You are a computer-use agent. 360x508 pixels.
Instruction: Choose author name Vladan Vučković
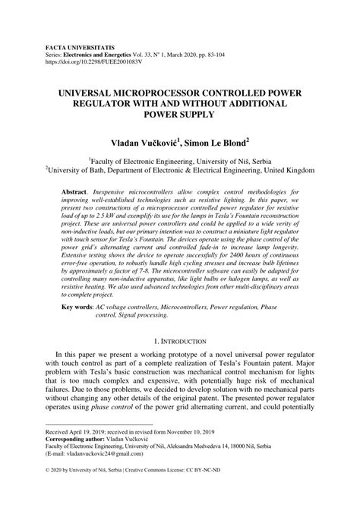pyautogui.click(x=150, y=140)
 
